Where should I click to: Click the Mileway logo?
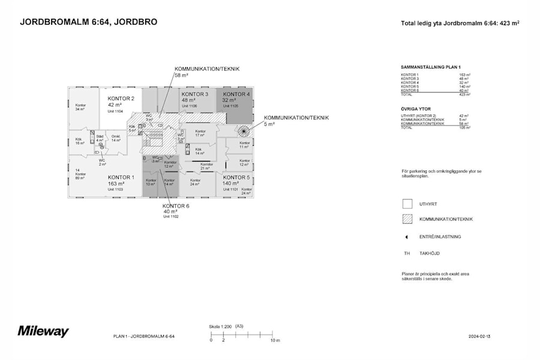43,331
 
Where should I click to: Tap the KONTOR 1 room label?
120,178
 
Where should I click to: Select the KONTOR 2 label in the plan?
121,98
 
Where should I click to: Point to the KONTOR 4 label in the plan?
236,94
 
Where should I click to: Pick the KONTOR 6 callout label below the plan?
176,206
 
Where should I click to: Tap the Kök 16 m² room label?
79,141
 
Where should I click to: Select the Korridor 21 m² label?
206,166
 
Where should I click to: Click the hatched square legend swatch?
407,219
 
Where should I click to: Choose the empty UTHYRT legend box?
407,204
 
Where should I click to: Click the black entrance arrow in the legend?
407,236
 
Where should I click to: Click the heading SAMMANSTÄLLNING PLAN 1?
431,67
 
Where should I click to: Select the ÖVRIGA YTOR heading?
416,109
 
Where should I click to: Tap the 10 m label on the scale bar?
275,340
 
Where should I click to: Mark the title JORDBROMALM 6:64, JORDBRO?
89,22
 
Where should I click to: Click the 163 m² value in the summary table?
464,74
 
